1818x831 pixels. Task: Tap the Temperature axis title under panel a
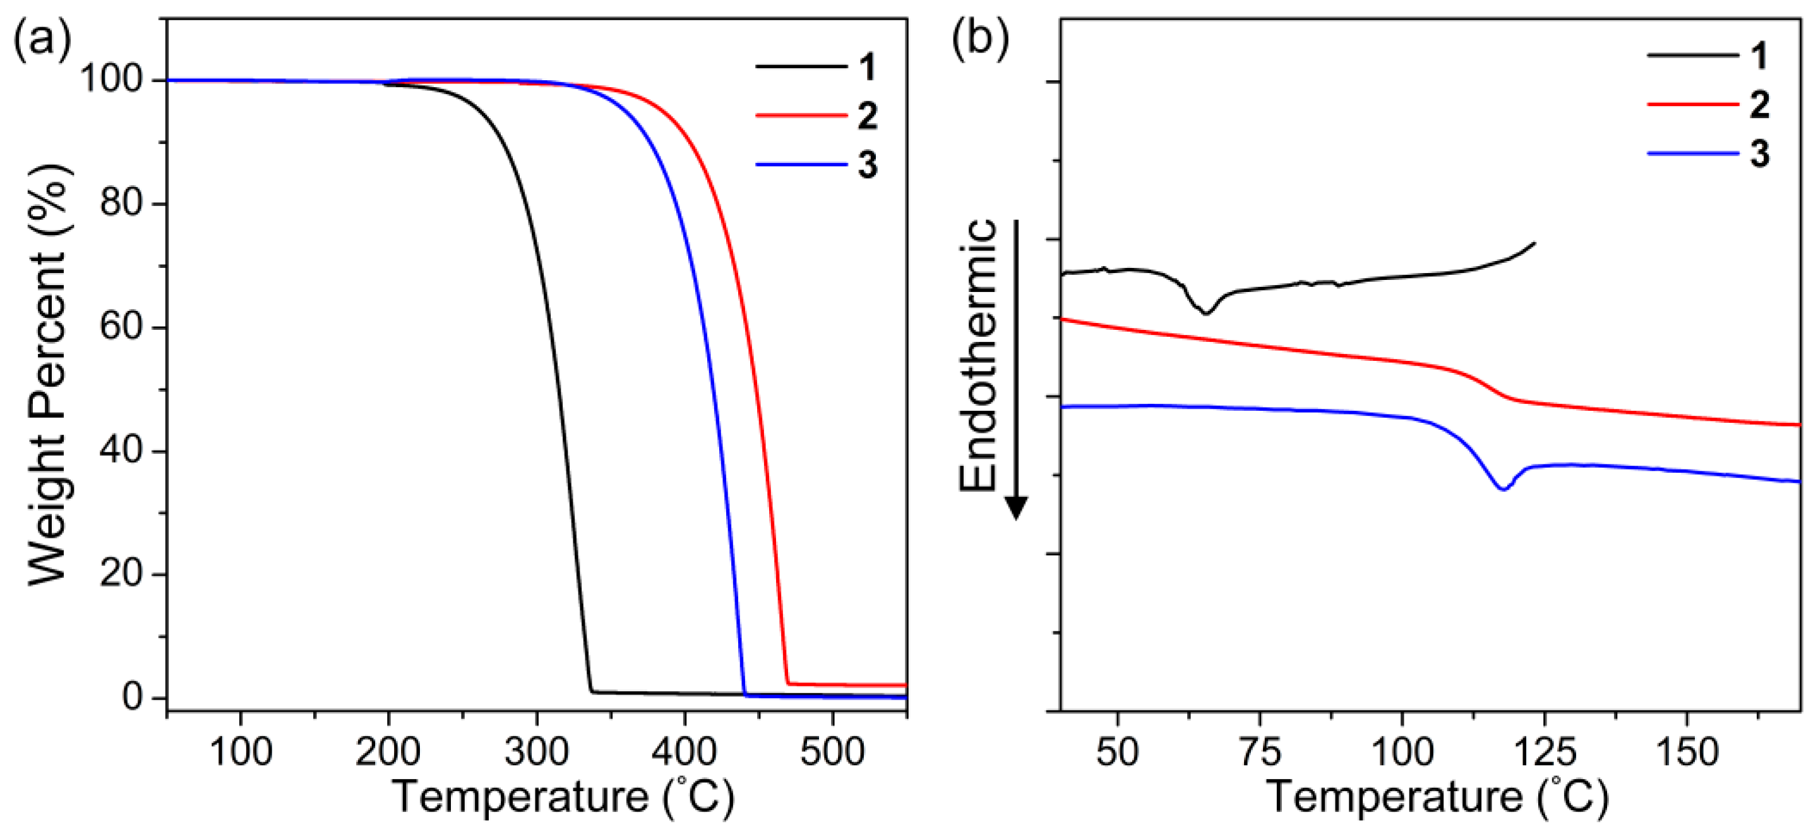563,797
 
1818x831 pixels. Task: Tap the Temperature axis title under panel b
1438,797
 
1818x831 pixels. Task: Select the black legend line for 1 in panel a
801,66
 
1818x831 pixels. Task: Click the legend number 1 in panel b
1760,55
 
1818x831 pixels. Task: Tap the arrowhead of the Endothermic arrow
1015,507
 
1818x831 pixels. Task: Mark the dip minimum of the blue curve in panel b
1504,488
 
